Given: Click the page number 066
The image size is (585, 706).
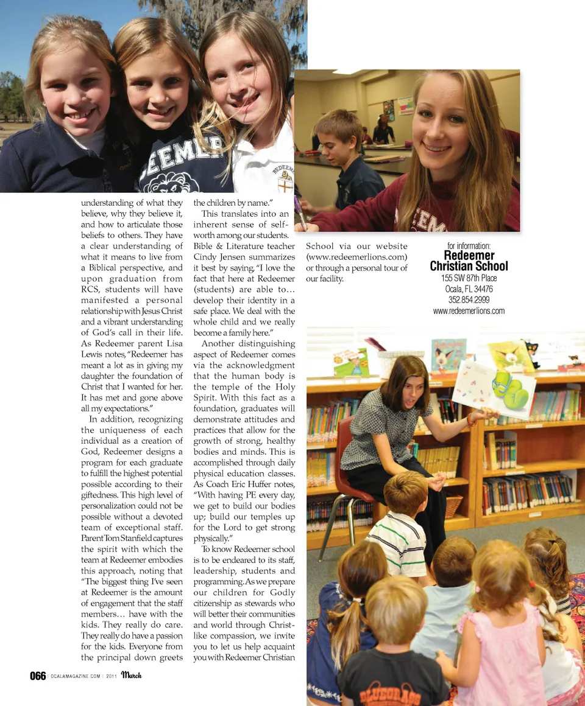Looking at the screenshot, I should [38, 676].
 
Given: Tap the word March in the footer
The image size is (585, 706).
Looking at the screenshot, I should [131, 675].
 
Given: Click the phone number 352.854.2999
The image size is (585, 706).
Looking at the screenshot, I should [469, 300].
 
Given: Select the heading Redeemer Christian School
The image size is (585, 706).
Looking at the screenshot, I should [469, 260].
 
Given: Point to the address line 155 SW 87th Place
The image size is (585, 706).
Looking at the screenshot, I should [469, 278].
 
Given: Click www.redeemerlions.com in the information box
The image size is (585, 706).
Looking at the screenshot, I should [469, 311].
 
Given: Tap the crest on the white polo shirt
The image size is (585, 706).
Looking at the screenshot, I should [283, 182].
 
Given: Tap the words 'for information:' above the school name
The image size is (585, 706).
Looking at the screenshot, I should [469, 246].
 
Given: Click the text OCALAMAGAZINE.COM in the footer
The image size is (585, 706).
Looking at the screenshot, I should [75, 676].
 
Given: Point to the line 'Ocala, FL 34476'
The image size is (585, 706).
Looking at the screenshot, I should [469, 289].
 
